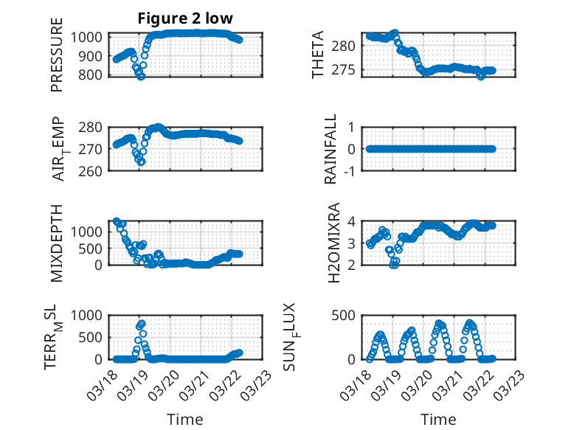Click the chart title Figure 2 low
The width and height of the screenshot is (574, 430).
[184, 18]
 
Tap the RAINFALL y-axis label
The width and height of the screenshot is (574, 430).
[331, 149]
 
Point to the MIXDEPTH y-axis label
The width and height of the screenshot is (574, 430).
[57, 243]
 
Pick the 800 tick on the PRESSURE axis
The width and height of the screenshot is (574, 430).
[94, 75]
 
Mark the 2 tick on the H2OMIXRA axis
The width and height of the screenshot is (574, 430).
[354, 265]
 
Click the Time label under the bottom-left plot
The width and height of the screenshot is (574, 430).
[184, 419]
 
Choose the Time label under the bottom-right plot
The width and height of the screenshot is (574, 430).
[438, 419]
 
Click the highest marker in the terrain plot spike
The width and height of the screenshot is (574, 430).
[141, 323]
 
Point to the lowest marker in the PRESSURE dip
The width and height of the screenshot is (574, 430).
[140, 75]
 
